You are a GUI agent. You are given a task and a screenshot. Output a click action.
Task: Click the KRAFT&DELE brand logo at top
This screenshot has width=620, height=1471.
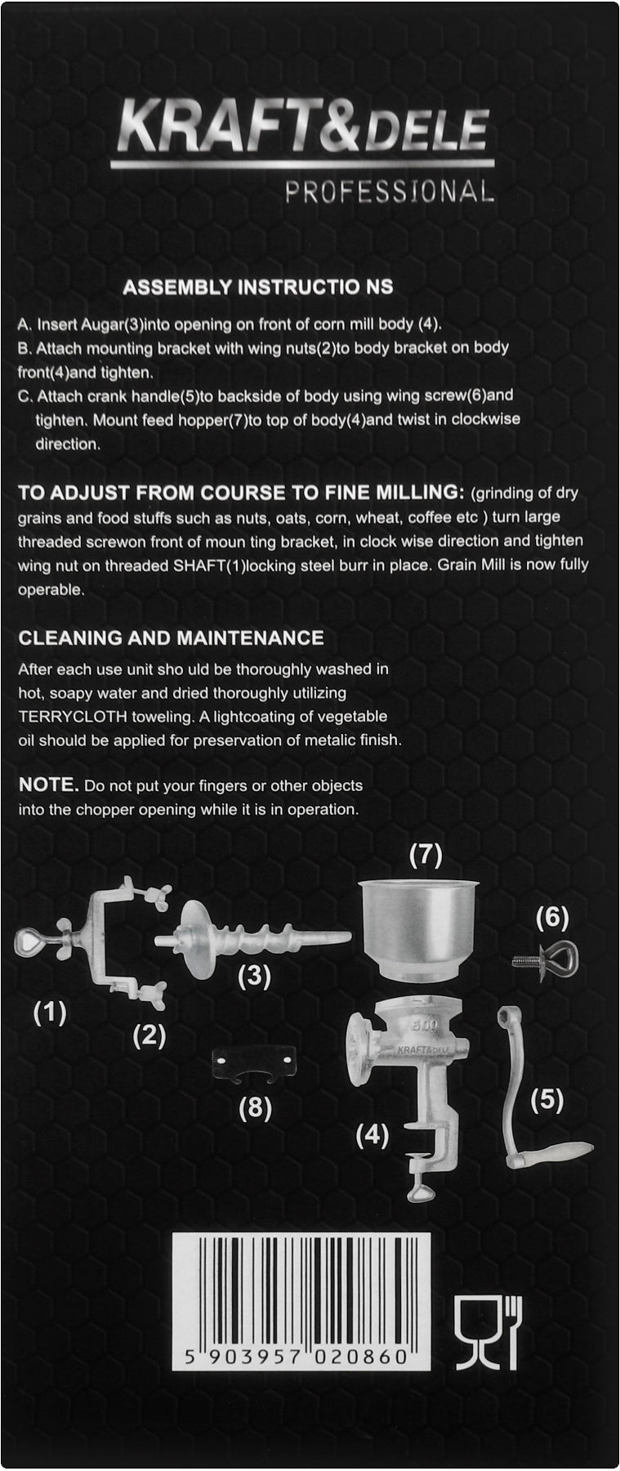point(303,131)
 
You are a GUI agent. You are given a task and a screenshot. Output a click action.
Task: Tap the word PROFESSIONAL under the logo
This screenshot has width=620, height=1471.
point(389,191)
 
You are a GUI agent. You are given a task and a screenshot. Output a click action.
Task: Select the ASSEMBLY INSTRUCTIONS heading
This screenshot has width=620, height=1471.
point(257,287)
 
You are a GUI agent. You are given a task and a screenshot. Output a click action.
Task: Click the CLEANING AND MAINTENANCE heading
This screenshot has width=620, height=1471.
point(171,637)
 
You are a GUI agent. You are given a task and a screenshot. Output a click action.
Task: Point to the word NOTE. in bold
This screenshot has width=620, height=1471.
point(48,785)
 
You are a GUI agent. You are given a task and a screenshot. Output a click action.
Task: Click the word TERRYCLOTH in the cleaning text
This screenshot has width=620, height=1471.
point(69,717)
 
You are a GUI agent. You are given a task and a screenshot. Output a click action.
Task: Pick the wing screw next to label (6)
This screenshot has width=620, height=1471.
point(546,959)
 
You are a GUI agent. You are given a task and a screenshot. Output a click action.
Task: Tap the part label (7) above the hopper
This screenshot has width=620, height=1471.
point(426,855)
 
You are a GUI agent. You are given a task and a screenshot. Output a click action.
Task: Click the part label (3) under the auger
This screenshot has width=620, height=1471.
point(254,976)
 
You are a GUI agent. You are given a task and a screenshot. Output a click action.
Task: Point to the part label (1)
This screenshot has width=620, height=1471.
point(50,1013)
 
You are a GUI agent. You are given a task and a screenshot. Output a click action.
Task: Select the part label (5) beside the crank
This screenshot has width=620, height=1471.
point(546,1100)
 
